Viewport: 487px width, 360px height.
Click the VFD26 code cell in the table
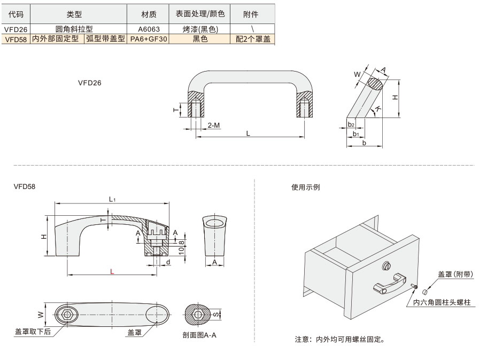pos(16,29)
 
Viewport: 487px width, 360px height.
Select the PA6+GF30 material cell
pos(149,39)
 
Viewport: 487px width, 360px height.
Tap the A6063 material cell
pos(149,29)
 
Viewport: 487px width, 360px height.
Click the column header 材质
pos(149,14)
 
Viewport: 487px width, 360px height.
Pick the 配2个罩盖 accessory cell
pos(253,39)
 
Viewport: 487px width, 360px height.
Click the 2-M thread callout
pos(213,125)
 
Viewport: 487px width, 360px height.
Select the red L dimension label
pos(112,272)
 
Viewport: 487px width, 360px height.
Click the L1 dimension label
pos(112,199)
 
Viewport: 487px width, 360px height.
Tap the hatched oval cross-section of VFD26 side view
pos(375,84)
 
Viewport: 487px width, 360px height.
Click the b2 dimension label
pos(351,124)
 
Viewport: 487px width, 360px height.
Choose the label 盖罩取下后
pos(33,332)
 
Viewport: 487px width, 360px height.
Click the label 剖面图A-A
pos(199,335)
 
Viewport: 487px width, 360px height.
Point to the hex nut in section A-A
pos(198,315)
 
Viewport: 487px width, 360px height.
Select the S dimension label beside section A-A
pos(216,315)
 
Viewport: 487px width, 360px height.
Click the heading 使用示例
pos(305,187)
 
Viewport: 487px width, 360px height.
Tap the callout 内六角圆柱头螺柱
pos(442,302)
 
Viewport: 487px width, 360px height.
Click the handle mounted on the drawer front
pos(390,283)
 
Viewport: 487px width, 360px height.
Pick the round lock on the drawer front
pos(386,265)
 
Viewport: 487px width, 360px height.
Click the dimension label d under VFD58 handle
pos(168,262)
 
